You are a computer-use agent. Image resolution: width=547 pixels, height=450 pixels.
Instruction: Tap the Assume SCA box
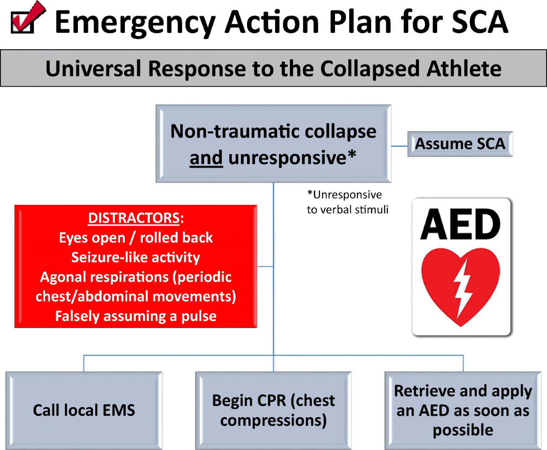[x=460, y=144]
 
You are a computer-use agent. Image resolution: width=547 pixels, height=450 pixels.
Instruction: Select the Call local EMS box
[x=84, y=410]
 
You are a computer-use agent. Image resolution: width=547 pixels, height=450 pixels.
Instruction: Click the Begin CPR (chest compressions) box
[x=273, y=410]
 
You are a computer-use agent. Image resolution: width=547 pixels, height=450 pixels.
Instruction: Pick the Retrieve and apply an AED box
[x=463, y=410]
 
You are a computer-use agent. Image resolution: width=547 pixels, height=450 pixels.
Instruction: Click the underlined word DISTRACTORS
[x=134, y=218]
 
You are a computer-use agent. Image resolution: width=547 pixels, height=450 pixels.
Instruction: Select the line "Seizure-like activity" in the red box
[x=135, y=257]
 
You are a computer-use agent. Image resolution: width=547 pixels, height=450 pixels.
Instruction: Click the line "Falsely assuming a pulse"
[x=135, y=316]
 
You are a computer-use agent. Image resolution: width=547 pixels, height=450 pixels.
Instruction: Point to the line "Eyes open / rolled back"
[x=135, y=238]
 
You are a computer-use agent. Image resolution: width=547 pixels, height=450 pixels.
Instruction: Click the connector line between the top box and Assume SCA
[x=399, y=146]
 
